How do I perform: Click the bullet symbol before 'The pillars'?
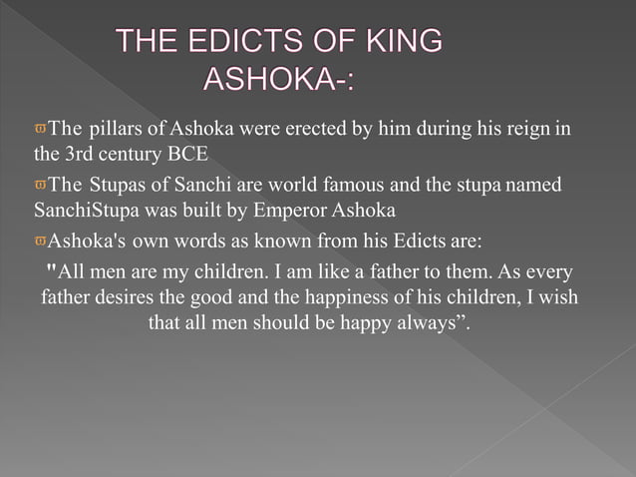41,130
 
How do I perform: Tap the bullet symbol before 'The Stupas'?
41,186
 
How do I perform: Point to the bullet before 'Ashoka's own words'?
41,241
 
